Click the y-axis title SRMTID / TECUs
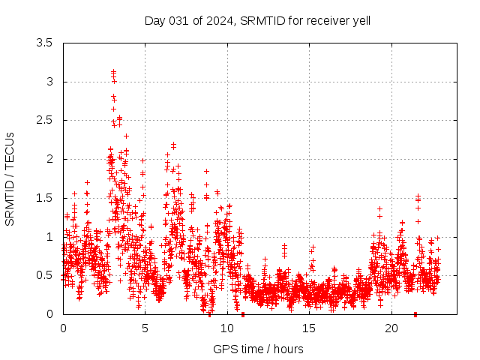pos(10,178)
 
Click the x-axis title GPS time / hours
pos(258,349)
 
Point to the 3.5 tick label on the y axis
pos(45,43)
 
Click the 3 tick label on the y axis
pos(50,82)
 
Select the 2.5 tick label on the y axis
pos(45,121)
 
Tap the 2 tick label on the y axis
pos(50,159)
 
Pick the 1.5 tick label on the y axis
pos(45,198)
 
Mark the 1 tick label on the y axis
pos(50,236)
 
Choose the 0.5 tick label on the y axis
pos(45,275)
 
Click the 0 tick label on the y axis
pos(50,314)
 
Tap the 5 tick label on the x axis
pos(145,328)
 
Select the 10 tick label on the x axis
pos(227,328)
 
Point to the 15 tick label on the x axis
pos(309,328)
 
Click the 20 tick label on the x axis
pos(391,328)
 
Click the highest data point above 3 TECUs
pos(113,71)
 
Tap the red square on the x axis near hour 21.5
pos(415,314)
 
